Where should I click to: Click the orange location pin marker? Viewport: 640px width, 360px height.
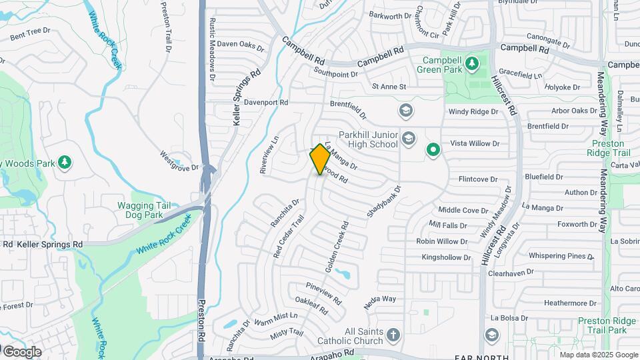coord(320,159)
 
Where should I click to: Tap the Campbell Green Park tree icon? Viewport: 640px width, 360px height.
coord(472,63)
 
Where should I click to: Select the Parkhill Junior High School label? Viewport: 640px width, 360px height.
coord(368,139)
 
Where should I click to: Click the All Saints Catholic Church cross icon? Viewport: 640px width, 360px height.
coord(393,334)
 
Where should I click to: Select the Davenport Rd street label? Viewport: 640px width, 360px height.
coord(265,103)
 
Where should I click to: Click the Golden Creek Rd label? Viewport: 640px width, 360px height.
coord(337,251)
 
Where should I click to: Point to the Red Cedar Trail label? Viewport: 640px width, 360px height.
coord(289,235)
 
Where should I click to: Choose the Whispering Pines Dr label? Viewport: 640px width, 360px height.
coord(560,255)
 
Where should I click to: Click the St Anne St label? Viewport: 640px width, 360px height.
coord(389,87)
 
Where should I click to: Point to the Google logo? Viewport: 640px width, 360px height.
coord(21,351)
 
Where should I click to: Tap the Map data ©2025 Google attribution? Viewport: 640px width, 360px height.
coord(598,355)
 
